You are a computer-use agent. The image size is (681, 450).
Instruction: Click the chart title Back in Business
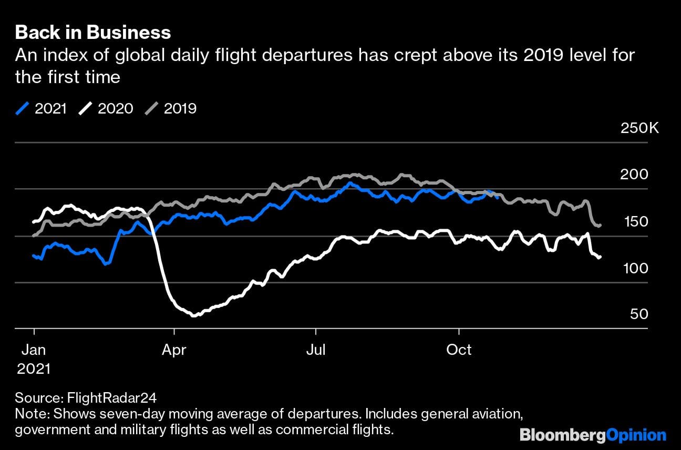93,33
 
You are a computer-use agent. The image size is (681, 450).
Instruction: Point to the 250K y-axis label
639,128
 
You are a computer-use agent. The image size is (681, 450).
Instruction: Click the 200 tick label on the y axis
634,174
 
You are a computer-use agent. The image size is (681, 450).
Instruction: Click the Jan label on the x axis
34,350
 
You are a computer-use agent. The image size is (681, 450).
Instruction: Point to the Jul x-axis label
316,350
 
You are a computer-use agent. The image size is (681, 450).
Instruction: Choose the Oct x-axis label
459,350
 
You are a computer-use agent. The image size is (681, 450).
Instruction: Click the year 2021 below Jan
34,369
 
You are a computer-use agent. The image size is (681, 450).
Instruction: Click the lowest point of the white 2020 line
194,315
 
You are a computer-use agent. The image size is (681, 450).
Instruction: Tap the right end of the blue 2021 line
498,197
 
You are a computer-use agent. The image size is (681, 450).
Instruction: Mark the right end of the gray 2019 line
600,226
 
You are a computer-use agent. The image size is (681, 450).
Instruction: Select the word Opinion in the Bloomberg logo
636,435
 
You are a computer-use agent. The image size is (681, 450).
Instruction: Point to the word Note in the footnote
29,413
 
